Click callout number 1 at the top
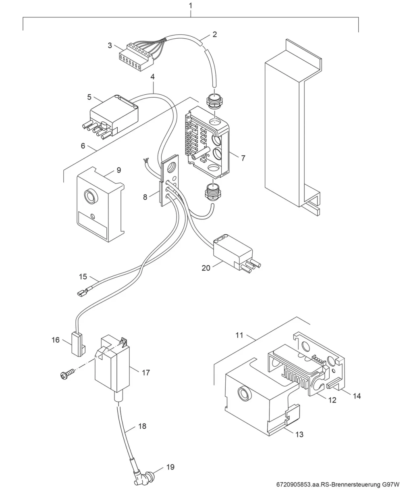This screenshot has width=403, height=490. point(190,6)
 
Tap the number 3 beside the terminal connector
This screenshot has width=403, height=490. point(110,45)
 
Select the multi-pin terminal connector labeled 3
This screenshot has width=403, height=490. point(137,57)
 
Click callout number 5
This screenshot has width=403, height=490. point(89,97)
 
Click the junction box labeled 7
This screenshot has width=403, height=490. point(207,142)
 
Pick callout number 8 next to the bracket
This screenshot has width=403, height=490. point(145,197)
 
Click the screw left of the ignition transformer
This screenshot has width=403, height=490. point(67,375)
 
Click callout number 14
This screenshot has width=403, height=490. point(357,396)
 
